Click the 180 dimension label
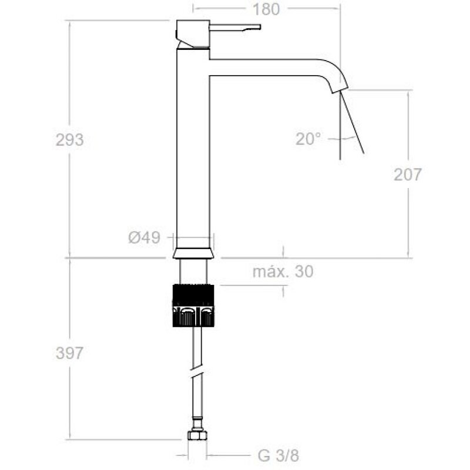[266, 9]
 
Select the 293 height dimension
[69, 140]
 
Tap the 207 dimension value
[408, 174]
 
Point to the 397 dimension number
[69, 353]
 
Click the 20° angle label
[308, 139]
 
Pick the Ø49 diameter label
[144, 238]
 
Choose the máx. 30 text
[283, 271]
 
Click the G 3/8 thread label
[278, 456]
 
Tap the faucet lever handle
[235, 27]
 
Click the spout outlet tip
[340, 89]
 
